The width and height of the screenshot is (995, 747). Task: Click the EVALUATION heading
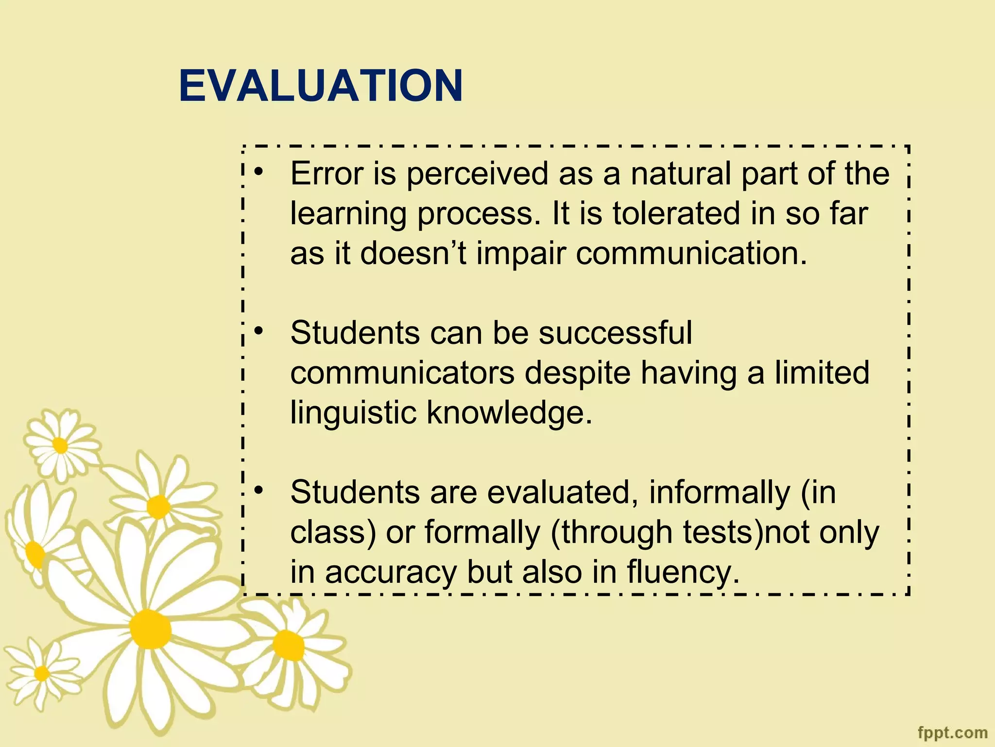(x=321, y=86)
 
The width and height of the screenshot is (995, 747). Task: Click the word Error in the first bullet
(x=326, y=174)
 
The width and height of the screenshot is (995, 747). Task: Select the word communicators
(x=402, y=373)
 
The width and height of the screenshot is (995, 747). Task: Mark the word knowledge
(x=509, y=413)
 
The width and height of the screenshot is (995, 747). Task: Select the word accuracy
(x=391, y=572)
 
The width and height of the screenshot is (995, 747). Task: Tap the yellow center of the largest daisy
(x=150, y=629)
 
